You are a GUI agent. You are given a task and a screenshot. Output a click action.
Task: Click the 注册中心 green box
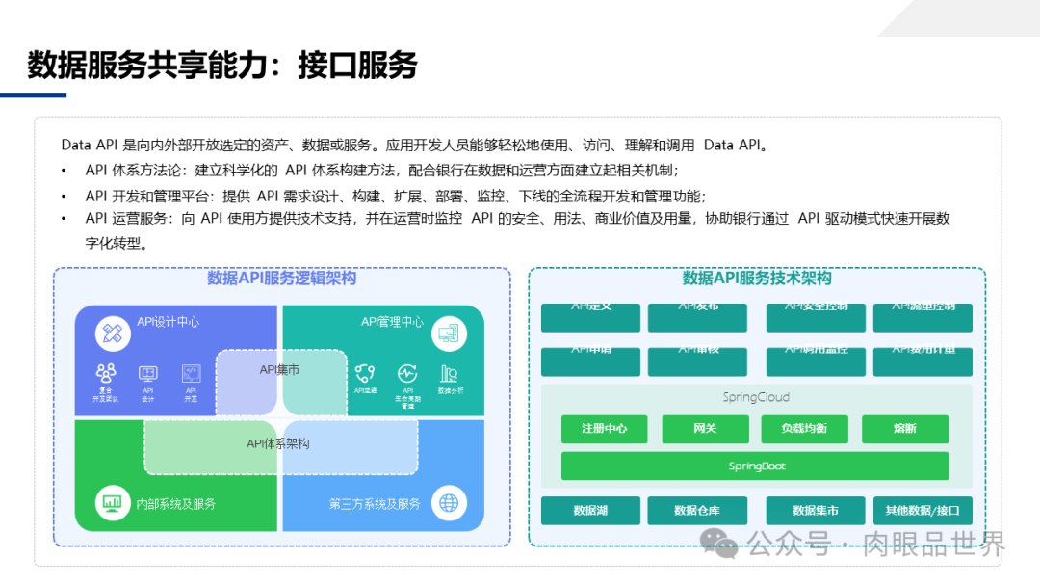[604, 429]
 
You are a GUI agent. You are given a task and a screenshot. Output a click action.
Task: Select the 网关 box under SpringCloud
[705, 429]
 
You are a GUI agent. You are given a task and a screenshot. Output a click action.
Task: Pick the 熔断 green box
[905, 429]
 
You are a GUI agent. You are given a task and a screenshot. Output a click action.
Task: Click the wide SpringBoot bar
[755, 466]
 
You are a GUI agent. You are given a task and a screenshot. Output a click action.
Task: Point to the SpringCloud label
[756, 397]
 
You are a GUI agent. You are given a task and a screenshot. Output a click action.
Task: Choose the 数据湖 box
[590, 511]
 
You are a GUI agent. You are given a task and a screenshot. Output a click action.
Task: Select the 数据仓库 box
[697, 511]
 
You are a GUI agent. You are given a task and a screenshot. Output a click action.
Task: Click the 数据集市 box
[815, 511]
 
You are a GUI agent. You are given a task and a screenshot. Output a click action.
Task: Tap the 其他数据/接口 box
[922, 511]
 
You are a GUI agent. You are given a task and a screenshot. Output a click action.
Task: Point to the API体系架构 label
[278, 444]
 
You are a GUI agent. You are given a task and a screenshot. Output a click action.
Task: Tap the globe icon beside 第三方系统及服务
[449, 503]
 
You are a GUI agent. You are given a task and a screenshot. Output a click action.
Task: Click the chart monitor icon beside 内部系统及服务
[112, 503]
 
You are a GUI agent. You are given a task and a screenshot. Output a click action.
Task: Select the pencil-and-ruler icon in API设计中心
[112, 333]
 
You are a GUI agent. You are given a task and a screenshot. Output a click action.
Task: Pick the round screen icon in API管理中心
[449, 333]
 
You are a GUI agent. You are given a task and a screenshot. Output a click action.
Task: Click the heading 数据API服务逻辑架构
[281, 279]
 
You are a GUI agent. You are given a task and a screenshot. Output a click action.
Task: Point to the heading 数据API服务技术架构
[757, 279]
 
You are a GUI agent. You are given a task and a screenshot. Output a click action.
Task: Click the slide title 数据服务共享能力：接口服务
[222, 66]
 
